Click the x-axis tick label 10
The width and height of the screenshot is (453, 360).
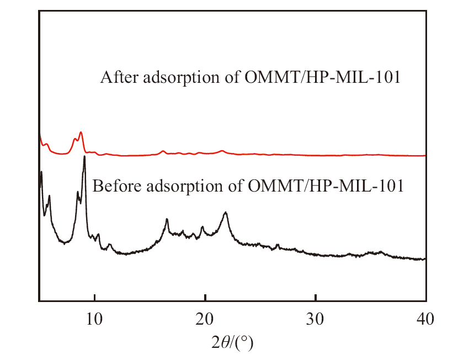94,318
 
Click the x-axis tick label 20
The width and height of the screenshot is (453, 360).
205,318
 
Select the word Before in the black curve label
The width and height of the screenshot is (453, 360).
112,186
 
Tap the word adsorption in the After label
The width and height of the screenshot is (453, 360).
179,78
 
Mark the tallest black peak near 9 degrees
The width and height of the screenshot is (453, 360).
84,157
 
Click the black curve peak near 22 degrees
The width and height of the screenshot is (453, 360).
226,213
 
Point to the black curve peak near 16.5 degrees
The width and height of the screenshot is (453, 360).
167,220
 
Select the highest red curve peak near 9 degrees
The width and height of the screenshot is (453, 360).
81,133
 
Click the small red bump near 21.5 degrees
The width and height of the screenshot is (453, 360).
222,150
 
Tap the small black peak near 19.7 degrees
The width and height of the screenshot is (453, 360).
202,227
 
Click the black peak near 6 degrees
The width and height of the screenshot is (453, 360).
50,196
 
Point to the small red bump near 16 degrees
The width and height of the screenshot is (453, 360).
163,150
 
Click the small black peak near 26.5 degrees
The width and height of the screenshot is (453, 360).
278,245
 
